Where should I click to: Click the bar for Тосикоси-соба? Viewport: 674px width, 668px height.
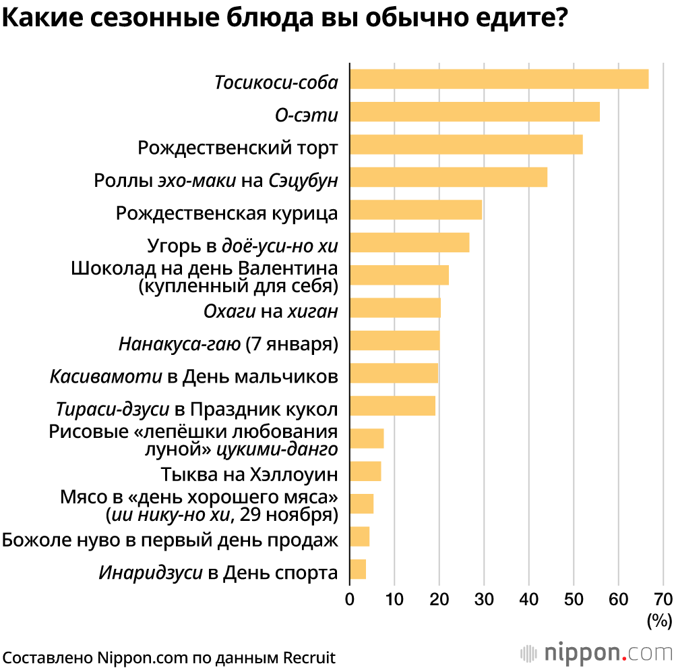[x=499, y=79]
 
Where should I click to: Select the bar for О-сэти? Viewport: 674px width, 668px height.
[x=474, y=112]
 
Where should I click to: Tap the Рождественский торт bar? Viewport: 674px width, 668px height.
[x=466, y=144]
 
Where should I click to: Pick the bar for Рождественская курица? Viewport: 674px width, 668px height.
[x=416, y=210]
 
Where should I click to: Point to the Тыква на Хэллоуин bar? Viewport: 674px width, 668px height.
[x=365, y=471]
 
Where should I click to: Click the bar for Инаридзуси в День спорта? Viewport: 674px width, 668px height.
[x=358, y=569]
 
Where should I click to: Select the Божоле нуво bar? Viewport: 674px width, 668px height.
[x=360, y=536]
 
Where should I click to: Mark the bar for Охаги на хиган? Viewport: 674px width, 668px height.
[x=395, y=308]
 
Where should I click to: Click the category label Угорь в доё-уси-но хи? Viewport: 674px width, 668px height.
[x=242, y=245]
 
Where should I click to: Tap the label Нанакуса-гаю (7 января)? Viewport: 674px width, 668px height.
[x=228, y=343]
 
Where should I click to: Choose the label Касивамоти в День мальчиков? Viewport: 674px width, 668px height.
[x=193, y=376]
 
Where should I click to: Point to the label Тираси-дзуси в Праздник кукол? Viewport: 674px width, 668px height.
[x=197, y=409]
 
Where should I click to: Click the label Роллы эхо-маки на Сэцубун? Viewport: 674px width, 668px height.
[x=215, y=180]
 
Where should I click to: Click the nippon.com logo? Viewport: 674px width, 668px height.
[x=596, y=653]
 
